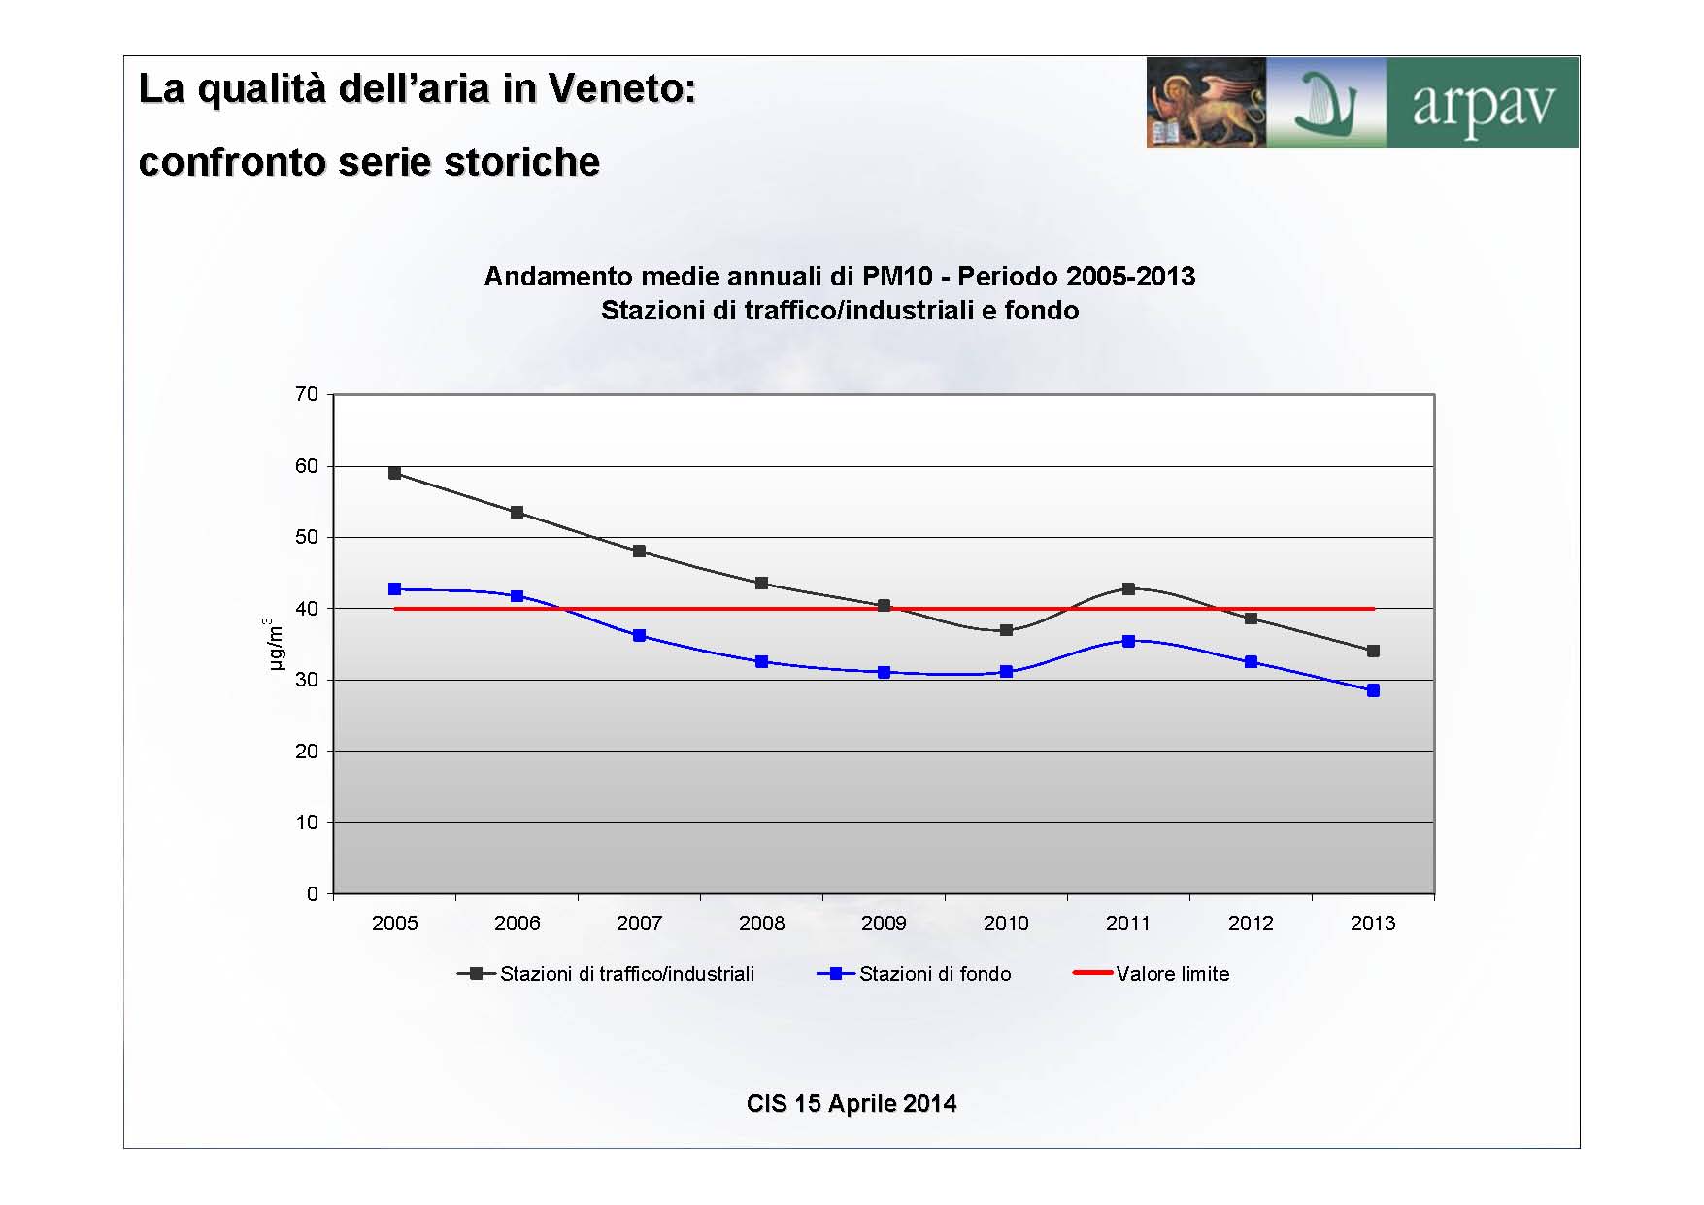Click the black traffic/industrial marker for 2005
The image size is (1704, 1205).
(x=394, y=473)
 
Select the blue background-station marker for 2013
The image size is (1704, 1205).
(x=1373, y=690)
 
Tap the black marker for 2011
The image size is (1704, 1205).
(x=1128, y=588)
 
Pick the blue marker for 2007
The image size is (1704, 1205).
(x=639, y=636)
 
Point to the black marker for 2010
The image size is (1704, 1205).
(x=1006, y=630)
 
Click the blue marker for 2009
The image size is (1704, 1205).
(x=884, y=672)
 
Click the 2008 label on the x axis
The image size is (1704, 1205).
(x=761, y=923)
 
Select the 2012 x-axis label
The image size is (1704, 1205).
(x=1251, y=923)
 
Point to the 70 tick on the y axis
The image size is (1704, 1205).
(x=307, y=394)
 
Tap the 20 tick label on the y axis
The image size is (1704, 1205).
(x=307, y=752)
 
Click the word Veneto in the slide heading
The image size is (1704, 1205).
(x=622, y=88)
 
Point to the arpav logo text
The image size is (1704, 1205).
(x=1483, y=105)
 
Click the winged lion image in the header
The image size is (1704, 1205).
(x=1206, y=103)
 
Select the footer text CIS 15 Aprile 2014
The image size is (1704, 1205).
(x=852, y=1104)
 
